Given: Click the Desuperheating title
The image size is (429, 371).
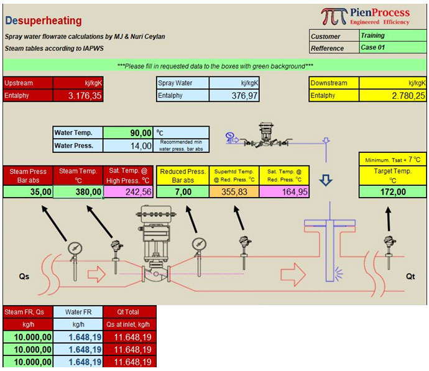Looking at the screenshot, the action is (x=44, y=21).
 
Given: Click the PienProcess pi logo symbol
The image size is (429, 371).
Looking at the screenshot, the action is (x=334, y=16).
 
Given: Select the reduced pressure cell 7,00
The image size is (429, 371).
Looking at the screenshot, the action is (x=183, y=191).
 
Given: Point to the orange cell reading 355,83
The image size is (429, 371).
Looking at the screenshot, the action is (x=234, y=191).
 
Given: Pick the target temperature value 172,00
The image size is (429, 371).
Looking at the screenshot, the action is (x=392, y=191).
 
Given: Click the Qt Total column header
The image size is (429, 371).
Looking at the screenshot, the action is (x=128, y=312).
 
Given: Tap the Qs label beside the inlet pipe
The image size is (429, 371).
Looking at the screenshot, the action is (x=24, y=277).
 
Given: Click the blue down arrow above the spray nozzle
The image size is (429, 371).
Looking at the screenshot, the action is (x=326, y=180).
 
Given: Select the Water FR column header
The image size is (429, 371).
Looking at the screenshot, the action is (x=78, y=312).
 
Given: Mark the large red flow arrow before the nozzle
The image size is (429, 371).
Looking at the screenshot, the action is (x=293, y=275).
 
